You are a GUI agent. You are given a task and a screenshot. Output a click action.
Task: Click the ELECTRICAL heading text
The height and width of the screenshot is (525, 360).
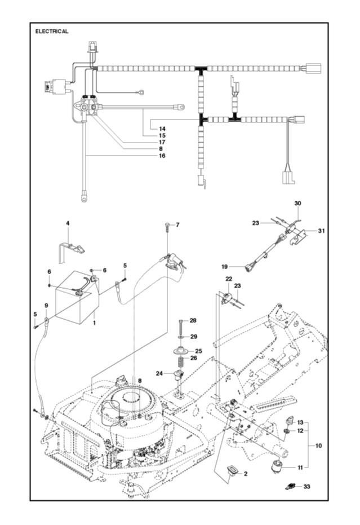[52, 32]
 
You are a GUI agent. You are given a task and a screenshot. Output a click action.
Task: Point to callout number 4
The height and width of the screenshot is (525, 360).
[68, 224]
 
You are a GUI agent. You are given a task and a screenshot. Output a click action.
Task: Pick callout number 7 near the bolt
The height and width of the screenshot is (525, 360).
[177, 225]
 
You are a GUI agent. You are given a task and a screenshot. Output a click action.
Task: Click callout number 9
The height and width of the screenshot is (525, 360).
[46, 305]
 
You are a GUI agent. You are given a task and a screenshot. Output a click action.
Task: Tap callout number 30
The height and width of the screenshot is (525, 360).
[298, 203]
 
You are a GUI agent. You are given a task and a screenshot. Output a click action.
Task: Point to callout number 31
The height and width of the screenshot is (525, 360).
[322, 231]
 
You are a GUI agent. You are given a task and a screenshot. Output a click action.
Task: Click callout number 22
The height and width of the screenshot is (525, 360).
[228, 279]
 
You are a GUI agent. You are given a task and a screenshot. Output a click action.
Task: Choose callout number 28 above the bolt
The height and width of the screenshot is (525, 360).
[193, 320]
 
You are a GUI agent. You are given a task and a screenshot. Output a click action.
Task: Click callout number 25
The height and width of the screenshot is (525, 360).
[198, 351]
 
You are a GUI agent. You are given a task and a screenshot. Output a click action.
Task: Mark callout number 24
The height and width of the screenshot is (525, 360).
[159, 373]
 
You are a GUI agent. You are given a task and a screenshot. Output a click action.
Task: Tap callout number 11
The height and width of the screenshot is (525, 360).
[300, 467]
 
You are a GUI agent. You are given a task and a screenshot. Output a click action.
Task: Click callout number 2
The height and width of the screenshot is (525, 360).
[246, 474]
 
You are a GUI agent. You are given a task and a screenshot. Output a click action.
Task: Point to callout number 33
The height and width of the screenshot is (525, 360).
[306, 486]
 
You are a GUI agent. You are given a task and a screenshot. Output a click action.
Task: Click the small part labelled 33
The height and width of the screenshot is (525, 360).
[291, 486]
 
